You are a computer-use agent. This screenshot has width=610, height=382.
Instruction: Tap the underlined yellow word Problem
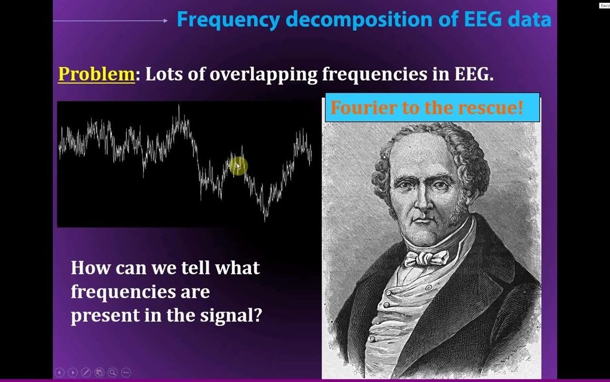coord(96,74)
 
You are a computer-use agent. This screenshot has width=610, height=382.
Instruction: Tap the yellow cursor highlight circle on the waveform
coord(238,167)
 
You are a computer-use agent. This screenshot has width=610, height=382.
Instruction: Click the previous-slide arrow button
coord(59,372)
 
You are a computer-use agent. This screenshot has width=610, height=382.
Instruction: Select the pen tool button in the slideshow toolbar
coord(86,372)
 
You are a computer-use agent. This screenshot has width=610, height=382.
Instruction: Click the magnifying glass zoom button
coord(112,372)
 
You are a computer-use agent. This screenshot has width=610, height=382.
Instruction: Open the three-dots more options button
coord(125,372)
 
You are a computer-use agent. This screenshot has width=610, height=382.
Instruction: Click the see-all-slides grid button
coord(99,372)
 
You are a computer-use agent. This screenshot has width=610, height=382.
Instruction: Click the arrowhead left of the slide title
coord(166,21)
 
